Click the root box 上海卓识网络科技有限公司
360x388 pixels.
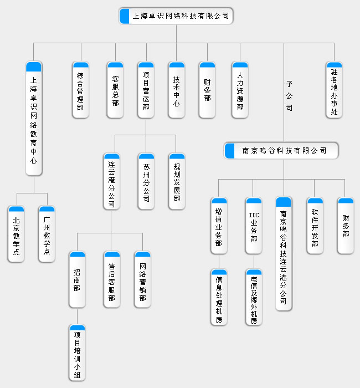coord(176,16)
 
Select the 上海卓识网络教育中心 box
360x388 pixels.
coord(34,119)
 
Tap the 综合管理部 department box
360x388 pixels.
coord(81,90)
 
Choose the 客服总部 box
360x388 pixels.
coord(115,90)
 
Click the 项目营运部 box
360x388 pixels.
coord(146,90)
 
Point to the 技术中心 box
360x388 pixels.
coord(176,90)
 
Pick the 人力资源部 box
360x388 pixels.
coord(240,90)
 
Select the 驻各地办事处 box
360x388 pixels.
coord(334,90)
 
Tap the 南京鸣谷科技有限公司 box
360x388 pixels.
coord(281,151)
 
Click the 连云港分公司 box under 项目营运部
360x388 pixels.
coord(111,181)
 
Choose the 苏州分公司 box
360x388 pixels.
coord(146,181)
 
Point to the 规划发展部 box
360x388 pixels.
coord(176,181)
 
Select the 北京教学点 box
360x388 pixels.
coord(16,234)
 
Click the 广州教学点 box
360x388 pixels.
coord(47,234)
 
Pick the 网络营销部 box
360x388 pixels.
coord(142,279)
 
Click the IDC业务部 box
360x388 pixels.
coord(254,226)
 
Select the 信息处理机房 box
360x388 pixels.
coord(219,297)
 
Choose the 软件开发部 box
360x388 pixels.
coord(315,226)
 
